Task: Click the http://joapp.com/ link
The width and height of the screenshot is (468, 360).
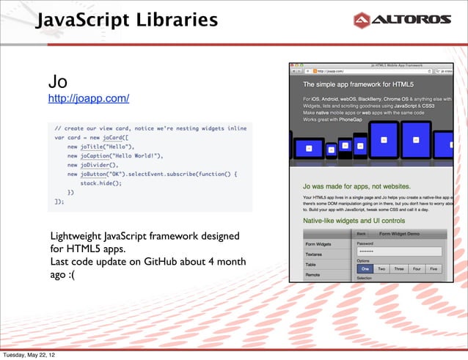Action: [x=89, y=98]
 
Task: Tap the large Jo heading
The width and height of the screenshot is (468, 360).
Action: [x=59, y=80]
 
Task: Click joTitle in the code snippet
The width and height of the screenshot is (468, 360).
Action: [x=96, y=146]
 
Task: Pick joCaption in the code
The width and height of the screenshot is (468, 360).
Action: [x=102, y=155]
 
